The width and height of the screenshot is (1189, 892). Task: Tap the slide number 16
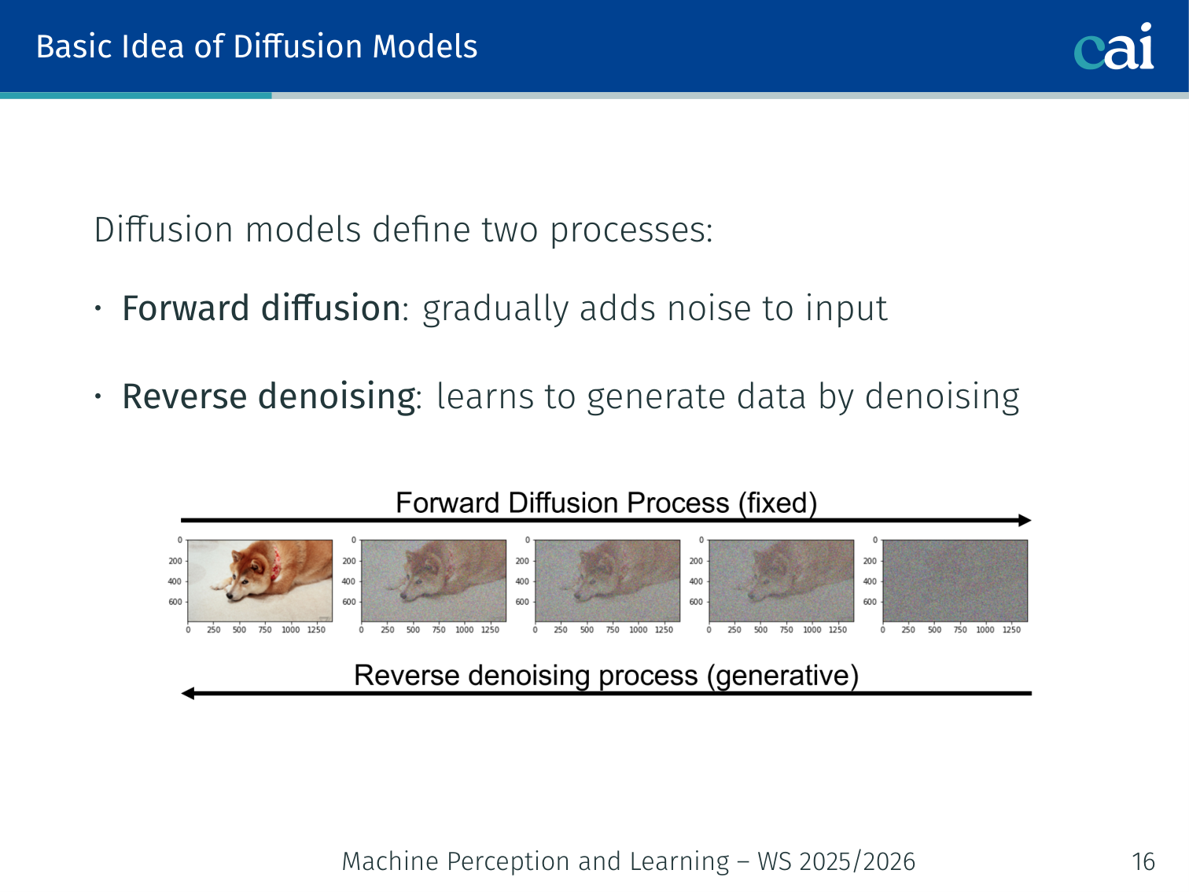pos(1143,861)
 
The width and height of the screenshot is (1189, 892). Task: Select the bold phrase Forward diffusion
pos(262,308)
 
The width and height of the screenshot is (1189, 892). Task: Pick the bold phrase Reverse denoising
pos(269,396)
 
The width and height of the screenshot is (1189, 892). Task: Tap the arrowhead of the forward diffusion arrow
pos(1025,521)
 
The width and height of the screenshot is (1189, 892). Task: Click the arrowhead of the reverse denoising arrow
pos(187,693)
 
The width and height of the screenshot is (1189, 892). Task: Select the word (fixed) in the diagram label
pos(778,503)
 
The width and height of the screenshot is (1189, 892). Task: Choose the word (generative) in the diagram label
pos(782,676)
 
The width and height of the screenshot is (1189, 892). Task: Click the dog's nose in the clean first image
pos(230,596)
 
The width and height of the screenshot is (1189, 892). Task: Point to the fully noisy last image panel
pos(955,581)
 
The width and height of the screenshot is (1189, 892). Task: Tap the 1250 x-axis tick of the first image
pos(316,630)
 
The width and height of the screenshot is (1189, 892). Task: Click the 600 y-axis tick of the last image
pos(870,602)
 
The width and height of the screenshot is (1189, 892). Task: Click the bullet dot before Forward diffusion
pos(98,308)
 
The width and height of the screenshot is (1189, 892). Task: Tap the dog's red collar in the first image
pos(277,563)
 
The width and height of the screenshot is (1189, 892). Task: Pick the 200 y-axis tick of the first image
pos(175,561)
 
